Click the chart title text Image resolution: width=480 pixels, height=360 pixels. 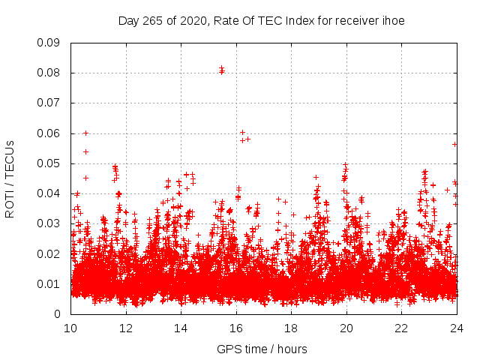[262, 21]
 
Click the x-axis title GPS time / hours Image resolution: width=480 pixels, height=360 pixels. [262, 349]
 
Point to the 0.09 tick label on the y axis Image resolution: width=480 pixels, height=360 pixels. [49, 43]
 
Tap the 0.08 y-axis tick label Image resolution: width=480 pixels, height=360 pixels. [49, 73]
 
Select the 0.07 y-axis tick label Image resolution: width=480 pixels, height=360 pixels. [49, 103]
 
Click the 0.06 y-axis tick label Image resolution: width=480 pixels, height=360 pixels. [49, 133]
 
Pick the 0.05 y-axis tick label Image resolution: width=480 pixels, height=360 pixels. [49, 163]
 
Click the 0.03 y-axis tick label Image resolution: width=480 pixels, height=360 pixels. [49, 223]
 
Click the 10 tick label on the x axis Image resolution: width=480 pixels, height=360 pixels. [71, 328]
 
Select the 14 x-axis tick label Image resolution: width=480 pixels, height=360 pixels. [181, 328]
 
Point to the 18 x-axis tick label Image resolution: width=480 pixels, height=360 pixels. [291, 328]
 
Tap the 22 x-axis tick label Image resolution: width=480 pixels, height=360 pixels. [401, 328]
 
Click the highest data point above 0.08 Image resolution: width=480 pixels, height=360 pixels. [221, 69]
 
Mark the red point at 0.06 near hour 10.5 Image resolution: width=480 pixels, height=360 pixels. [85, 133]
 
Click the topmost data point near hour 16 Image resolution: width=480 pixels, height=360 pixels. [242, 132]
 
